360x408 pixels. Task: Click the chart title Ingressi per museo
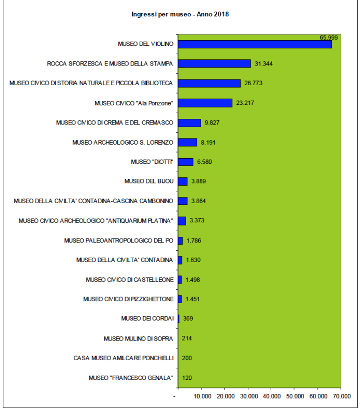tap(180, 15)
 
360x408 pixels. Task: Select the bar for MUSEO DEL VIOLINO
tap(255, 44)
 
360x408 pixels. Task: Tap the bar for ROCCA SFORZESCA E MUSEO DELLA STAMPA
tap(215, 64)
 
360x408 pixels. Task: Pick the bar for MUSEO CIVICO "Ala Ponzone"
tap(205, 103)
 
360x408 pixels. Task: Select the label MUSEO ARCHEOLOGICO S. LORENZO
tap(123, 142)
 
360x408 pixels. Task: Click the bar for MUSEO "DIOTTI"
tap(186, 162)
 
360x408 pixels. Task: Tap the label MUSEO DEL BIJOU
tap(149, 181)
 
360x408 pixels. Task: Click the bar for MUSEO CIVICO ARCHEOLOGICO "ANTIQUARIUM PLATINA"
tap(182, 220)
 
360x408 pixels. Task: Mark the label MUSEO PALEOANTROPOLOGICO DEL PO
tap(119, 240)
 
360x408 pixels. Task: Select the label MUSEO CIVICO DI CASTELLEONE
tap(130, 280)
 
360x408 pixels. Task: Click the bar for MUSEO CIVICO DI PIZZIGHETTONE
tap(180, 299)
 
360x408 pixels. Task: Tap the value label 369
tap(188, 319)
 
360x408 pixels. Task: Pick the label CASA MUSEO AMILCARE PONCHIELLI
tap(124, 358)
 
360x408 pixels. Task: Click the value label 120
tap(187, 378)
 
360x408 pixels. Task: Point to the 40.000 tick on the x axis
tap(271, 396)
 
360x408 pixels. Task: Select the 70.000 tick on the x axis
tap(341, 396)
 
